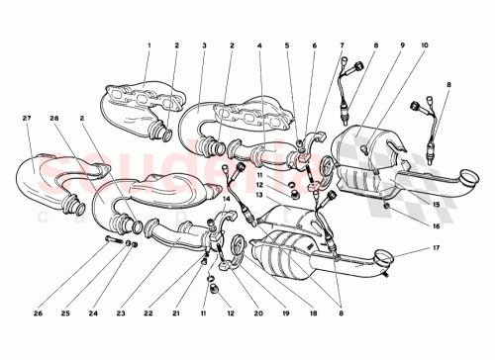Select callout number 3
click(x=203, y=45)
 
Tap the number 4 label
click(x=259, y=45)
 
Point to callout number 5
click(x=288, y=45)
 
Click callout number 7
click(x=343, y=45)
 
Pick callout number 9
click(x=402, y=45)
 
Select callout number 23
click(x=119, y=316)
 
